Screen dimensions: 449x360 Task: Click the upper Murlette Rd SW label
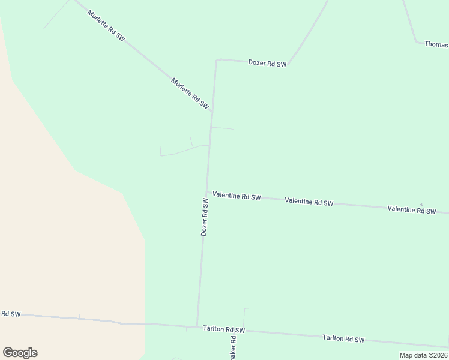click(106, 25)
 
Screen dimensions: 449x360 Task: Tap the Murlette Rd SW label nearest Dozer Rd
click(190, 93)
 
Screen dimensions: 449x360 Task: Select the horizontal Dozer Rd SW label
click(267, 63)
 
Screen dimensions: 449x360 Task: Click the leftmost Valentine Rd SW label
click(237, 197)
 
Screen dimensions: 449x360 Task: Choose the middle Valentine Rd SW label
click(309, 202)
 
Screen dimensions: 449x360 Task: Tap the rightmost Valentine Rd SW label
click(411, 209)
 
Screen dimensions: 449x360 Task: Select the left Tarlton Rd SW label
click(224, 329)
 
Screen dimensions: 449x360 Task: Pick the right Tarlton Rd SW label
click(343, 339)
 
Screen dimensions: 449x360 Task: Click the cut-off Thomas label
click(436, 44)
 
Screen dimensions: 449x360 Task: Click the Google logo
click(20, 353)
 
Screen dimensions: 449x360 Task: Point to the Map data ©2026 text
click(423, 355)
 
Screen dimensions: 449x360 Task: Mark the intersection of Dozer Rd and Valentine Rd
click(207, 193)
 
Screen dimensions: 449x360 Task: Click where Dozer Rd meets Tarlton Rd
click(197, 326)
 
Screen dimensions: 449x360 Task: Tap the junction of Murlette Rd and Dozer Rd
click(212, 112)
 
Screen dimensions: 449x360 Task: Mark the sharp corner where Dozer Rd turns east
click(217, 59)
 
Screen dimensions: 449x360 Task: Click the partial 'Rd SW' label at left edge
click(11, 314)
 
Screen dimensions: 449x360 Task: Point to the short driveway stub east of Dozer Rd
click(222, 128)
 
